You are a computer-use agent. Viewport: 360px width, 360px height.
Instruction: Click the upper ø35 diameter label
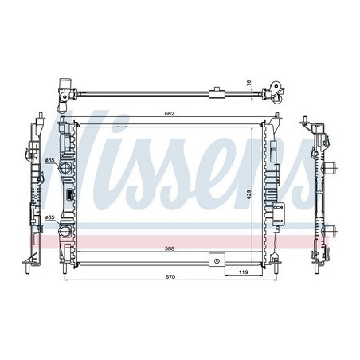point(49,159)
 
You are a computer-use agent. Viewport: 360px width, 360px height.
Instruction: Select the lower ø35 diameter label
point(49,217)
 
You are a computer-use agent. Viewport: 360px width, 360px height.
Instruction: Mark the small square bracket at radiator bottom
point(215,260)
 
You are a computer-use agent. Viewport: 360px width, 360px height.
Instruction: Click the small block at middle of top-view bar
point(215,93)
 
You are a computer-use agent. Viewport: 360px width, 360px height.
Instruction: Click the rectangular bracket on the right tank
point(280,213)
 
